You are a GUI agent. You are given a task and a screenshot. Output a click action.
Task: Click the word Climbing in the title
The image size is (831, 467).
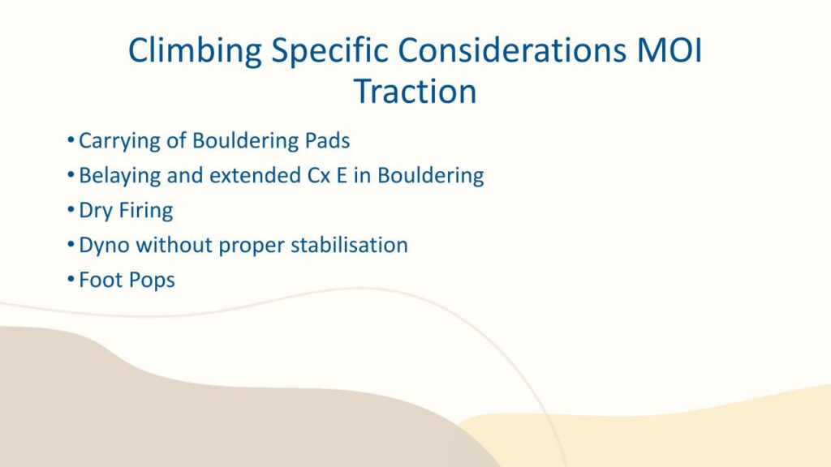pyautogui.click(x=195, y=52)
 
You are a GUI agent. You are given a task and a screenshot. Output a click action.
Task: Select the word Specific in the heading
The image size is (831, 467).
pyautogui.click(x=329, y=52)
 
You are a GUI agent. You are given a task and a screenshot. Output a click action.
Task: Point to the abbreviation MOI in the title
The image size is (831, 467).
pyautogui.click(x=670, y=50)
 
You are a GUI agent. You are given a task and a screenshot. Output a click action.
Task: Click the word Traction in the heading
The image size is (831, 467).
pyautogui.click(x=415, y=91)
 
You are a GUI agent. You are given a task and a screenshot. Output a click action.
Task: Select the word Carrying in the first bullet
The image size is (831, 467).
pyautogui.click(x=119, y=141)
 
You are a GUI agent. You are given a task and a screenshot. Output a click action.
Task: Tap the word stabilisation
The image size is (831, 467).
pyautogui.click(x=349, y=245)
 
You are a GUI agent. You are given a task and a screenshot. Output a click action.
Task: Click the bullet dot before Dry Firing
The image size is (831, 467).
pyautogui.click(x=71, y=210)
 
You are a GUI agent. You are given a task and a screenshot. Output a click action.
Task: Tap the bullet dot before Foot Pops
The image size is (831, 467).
pyautogui.click(x=71, y=280)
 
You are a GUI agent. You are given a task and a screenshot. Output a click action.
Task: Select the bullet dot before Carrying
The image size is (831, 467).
pyautogui.click(x=71, y=140)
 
